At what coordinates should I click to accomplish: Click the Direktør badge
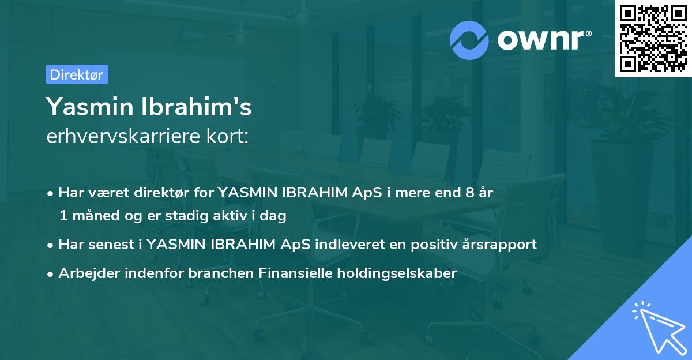click(77, 74)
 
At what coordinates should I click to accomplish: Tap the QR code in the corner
click(653, 38)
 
